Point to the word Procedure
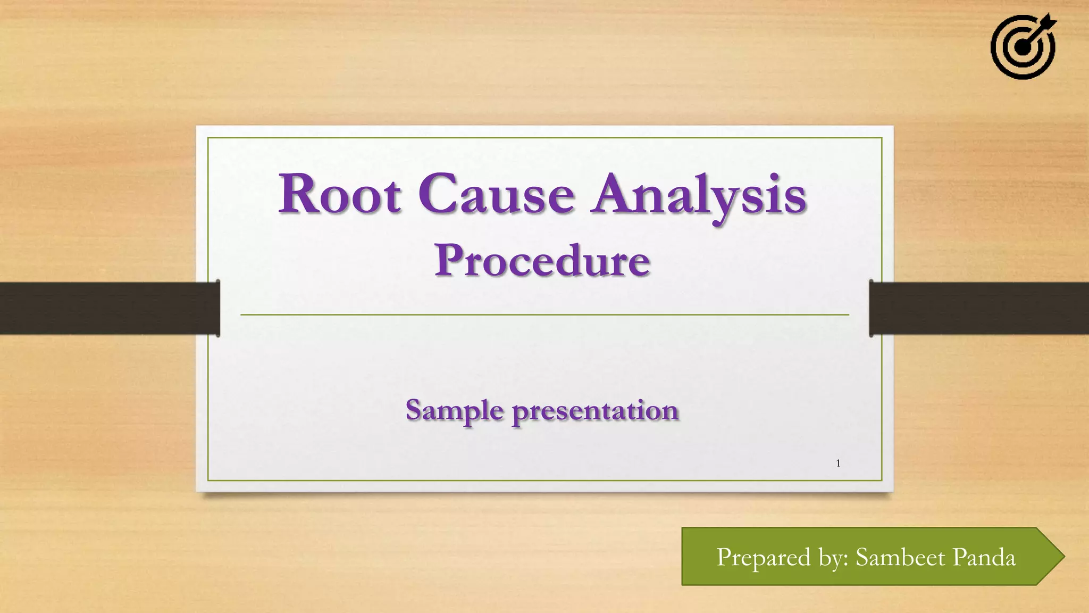[x=542, y=261]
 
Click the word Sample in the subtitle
[x=455, y=411]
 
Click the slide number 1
[x=838, y=463]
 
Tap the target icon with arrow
[x=1023, y=47]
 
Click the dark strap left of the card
[x=106, y=308]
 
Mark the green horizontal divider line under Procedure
[x=544, y=315]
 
